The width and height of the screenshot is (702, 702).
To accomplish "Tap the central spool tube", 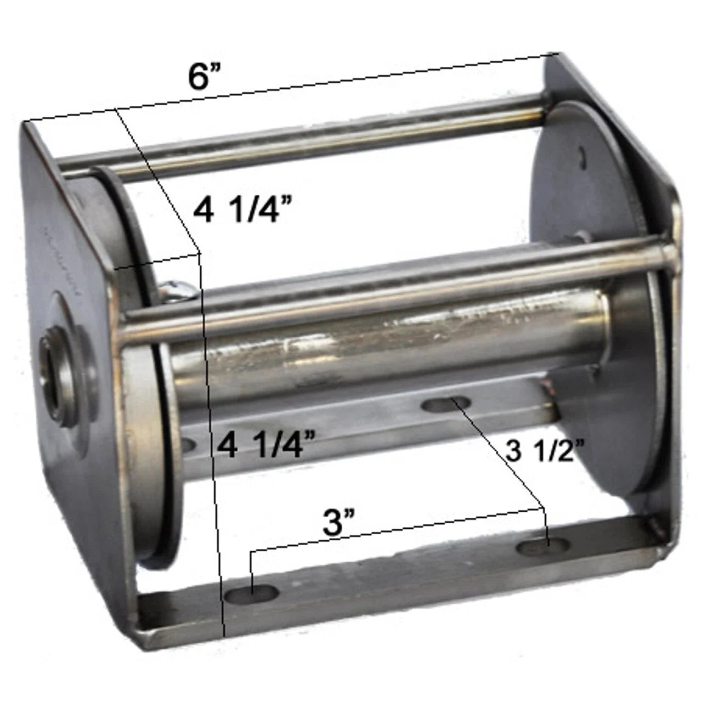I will pos(384,351).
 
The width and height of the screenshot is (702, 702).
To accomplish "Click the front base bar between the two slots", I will pos(395,576).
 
